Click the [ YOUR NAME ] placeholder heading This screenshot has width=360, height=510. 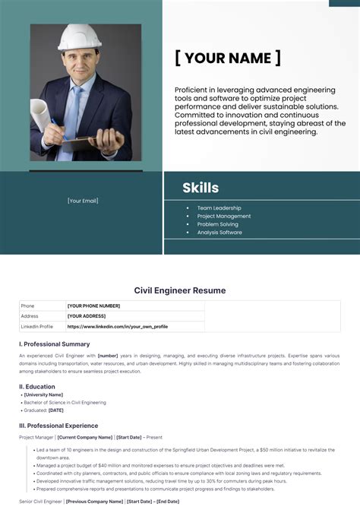coord(228,58)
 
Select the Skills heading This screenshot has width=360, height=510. coord(201,188)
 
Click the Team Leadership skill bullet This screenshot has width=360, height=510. coord(219,207)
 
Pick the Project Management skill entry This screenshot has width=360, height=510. coord(223,216)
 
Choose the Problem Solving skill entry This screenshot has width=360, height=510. coord(217,224)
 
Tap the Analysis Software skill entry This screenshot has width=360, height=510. coord(219,233)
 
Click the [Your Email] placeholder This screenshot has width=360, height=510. coord(83,201)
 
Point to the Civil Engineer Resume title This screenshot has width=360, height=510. coord(180,290)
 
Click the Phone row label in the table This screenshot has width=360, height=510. coord(28,306)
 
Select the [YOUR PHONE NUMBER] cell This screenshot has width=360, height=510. coord(94,306)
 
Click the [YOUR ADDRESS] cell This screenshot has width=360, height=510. coord(86,315)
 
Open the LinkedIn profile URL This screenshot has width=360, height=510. coord(117,326)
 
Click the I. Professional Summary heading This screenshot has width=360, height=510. coord(54,344)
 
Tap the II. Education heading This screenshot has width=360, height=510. coord(37,386)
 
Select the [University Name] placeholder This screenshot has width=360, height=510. coord(43,394)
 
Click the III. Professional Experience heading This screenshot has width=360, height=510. coord(58,426)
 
